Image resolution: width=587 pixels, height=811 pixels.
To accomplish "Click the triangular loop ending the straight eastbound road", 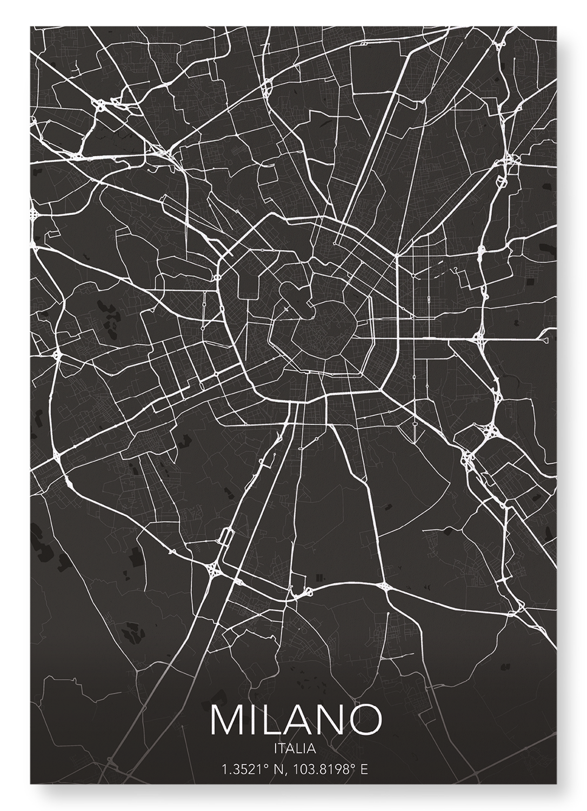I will (545, 340).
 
